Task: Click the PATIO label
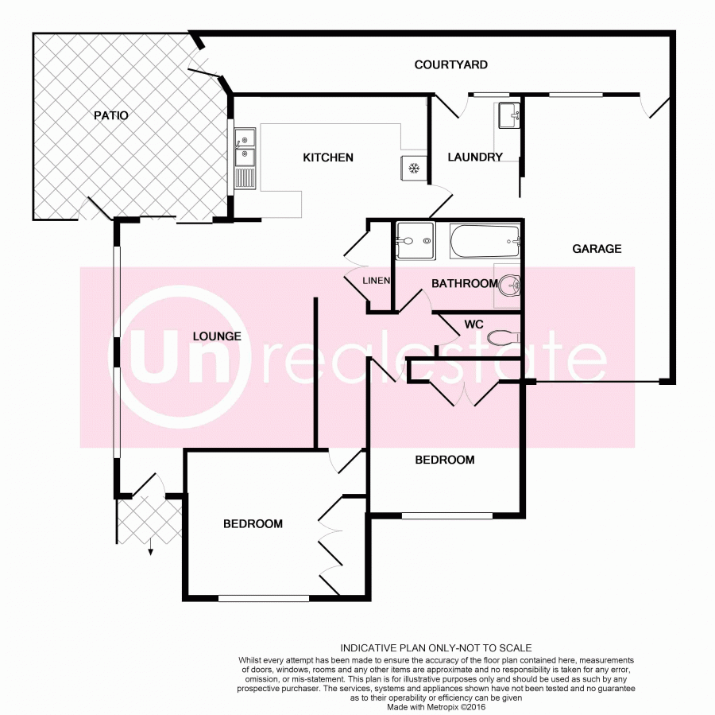point(110,115)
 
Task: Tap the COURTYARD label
point(451,65)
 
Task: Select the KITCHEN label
point(328,157)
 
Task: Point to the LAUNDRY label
point(475,157)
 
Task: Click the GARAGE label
point(597,249)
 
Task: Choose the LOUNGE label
point(217,336)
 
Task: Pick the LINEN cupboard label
point(377,281)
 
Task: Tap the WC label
point(473,324)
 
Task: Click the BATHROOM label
point(465,283)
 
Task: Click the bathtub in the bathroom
point(485,241)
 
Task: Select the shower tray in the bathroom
point(415,241)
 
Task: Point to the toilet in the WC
point(504,338)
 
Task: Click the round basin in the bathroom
point(510,286)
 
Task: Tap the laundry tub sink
point(509,115)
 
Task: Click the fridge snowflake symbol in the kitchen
point(414,169)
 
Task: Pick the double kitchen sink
point(245,158)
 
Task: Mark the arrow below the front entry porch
point(150,546)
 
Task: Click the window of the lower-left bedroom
point(264,598)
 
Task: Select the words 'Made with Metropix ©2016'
point(436,707)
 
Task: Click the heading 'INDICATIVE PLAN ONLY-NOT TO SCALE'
point(436,648)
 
